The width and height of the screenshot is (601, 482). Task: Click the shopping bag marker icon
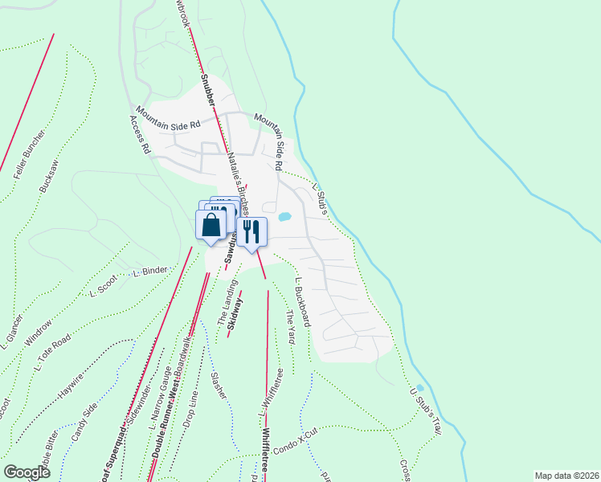click(x=211, y=225)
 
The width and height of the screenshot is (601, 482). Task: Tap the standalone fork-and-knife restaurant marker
click(x=251, y=232)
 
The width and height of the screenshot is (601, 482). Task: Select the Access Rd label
click(x=140, y=134)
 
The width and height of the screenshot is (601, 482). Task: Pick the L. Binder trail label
click(x=149, y=273)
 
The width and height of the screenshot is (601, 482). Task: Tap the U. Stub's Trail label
click(x=426, y=410)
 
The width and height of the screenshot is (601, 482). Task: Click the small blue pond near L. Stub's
click(x=284, y=216)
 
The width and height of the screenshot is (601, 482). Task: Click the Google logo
click(x=27, y=472)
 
